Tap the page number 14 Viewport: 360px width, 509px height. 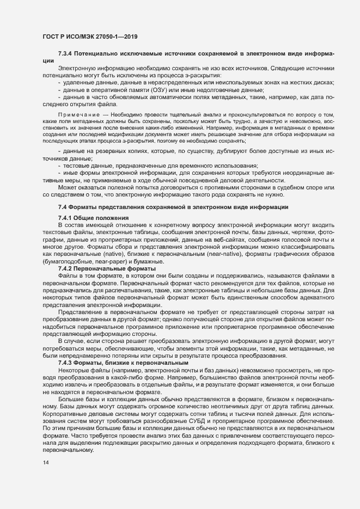45,463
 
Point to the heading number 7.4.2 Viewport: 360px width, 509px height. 66,269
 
